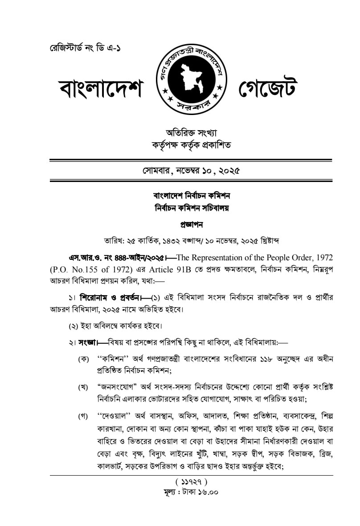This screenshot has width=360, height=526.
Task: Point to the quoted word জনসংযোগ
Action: click(117, 386)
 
